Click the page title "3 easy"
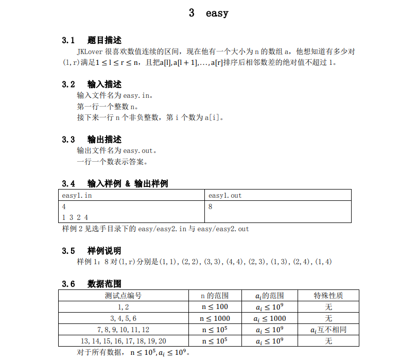(208, 13)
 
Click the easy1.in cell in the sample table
(77, 196)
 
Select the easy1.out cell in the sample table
(225, 196)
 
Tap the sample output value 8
(211, 207)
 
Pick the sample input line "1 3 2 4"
(75, 217)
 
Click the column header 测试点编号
(124, 296)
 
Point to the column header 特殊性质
(329, 296)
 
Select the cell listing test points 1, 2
(124, 307)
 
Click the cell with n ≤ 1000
(215, 318)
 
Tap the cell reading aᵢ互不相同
(328, 330)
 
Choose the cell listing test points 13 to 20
(124, 341)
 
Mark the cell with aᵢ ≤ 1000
(270, 318)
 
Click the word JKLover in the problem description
(90, 52)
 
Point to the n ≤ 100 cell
(215, 307)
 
